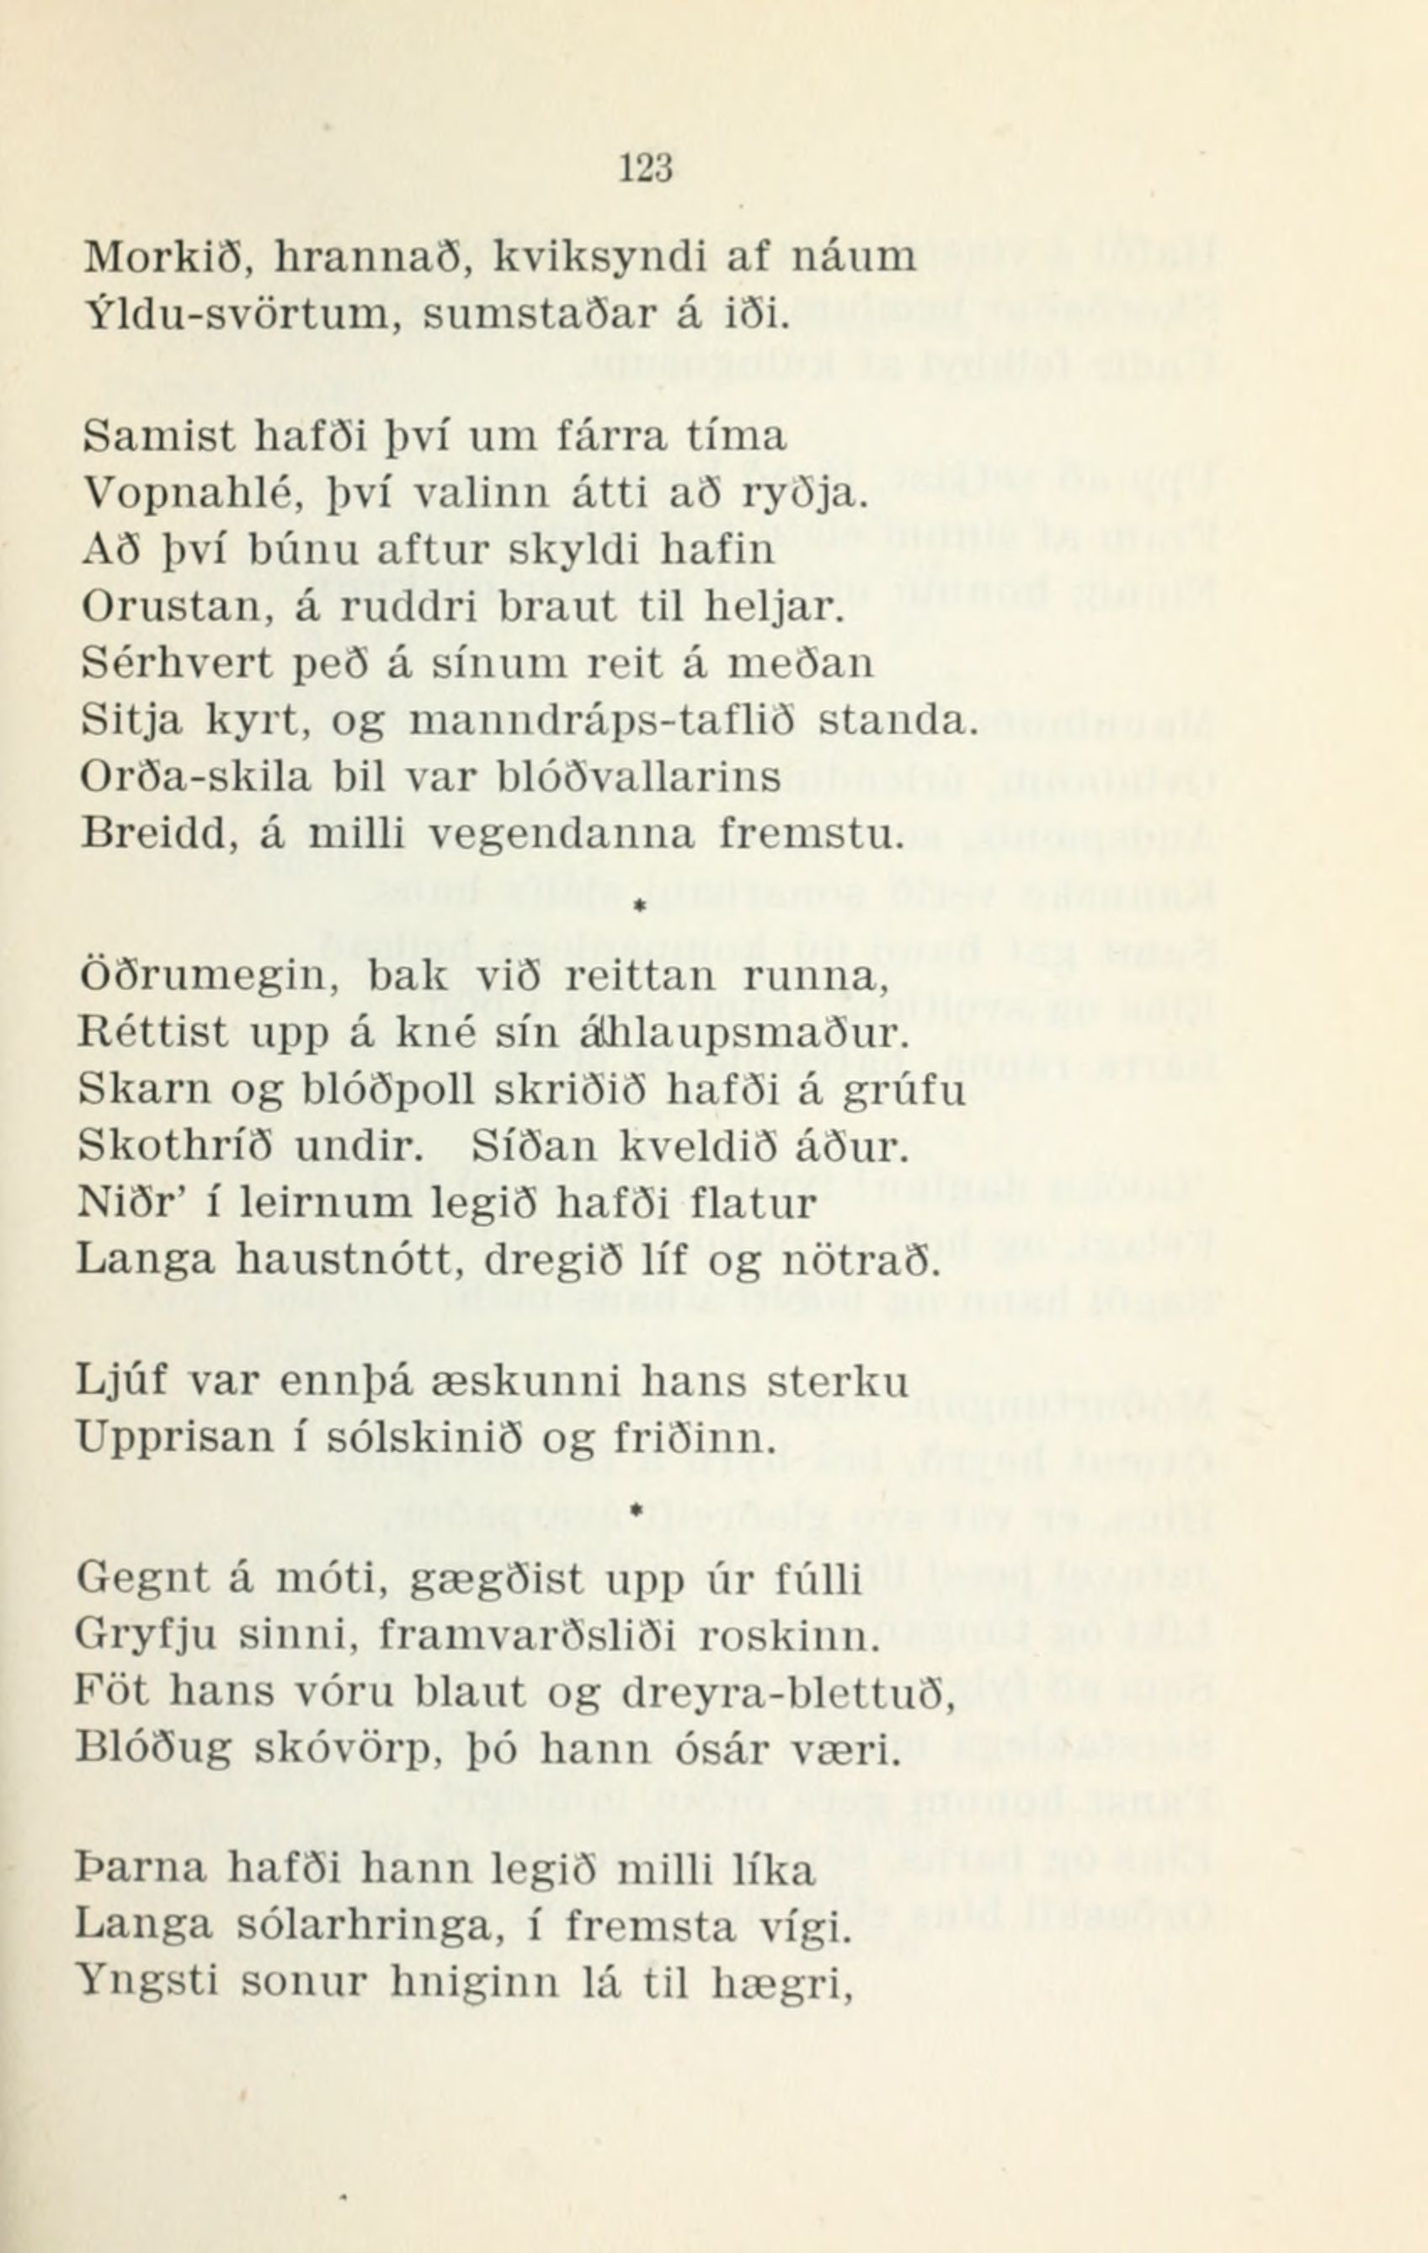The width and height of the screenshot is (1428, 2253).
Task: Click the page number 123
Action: coord(646,168)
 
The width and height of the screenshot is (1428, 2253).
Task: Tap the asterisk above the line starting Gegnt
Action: coord(636,1510)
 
